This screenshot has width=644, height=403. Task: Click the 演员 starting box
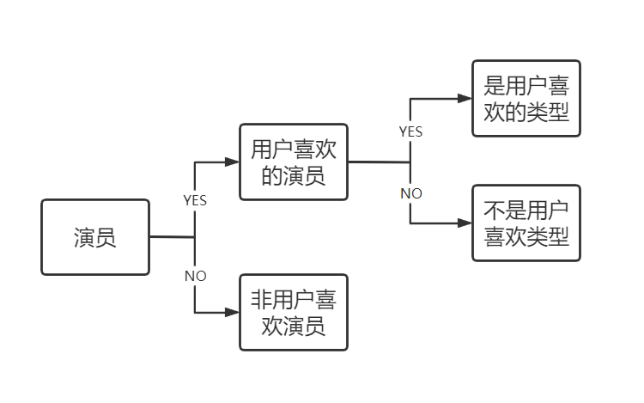tap(94, 237)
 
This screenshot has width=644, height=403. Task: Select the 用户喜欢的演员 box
tap(293, 162)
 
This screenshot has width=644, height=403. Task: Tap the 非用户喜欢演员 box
tap(293, 313)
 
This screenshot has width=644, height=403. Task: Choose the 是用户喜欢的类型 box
tap(526, 98)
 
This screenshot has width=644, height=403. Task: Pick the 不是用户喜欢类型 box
tap(526, 223)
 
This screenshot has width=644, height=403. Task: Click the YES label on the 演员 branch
tap(195, 199)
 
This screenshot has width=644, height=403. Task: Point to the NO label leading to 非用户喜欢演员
tap(195, 276)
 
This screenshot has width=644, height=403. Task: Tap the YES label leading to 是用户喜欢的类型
tap(410, 131)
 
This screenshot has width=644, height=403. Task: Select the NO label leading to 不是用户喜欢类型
tap(410, 193)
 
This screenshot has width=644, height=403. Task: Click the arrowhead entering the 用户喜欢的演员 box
tap(233, 162)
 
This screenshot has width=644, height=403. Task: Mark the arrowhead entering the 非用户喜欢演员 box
tap(233, 313)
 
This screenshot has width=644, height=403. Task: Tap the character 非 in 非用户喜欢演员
tap(261, 299)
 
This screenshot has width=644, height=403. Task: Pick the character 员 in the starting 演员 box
tap(106, 238)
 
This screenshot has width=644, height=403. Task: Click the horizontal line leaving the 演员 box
tap(172, 237)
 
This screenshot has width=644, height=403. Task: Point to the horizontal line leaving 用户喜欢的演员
tap(378, 162)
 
